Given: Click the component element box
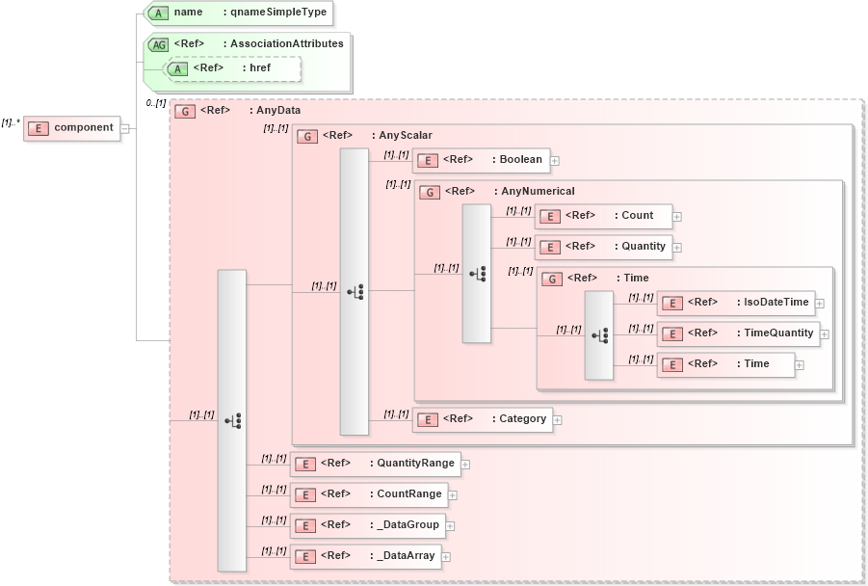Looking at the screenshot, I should (x=72, y=128).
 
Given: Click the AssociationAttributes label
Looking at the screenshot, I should (x=286, y=43).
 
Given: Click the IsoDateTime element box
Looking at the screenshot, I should (x=735, y=303).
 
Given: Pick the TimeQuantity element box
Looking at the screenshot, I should (x=738, y=333).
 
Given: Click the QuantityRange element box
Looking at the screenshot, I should (x=375, y=464).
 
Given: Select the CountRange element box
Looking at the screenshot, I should (x=369, y=494).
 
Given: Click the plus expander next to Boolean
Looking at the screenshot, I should (x=555, y=161).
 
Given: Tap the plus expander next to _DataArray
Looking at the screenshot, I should (x=445, y=557).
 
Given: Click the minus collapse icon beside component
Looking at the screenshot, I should (x=125, y=129).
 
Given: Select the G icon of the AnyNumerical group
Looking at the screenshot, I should (x=431, y=192).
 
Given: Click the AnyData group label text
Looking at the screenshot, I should (x=277, y=111).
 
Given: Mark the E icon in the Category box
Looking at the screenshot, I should (x=428, y=420).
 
